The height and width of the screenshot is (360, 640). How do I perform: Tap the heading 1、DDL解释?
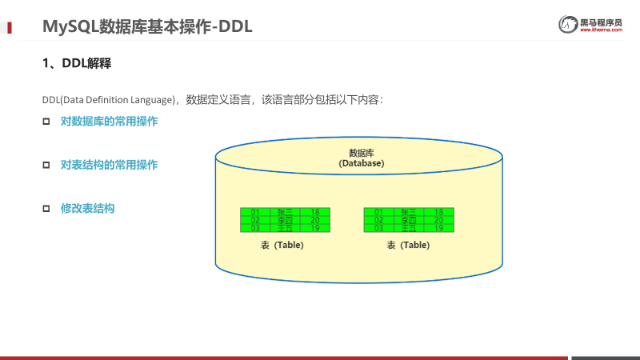click(76, 64)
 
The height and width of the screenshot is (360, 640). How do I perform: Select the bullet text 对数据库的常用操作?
click(109, 122)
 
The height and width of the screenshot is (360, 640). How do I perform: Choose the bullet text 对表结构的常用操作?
click(109, 165)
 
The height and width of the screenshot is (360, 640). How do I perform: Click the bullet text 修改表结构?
click(88, 208)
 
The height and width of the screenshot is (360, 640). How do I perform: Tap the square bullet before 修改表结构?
click(46, 208)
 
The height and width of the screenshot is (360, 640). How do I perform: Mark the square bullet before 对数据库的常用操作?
click(46, 122)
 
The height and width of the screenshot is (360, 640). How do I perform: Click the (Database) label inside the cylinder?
click(362, 163)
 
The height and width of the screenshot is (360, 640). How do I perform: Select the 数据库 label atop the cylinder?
click(362, 153)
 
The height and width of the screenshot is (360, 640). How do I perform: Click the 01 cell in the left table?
click(255, 212)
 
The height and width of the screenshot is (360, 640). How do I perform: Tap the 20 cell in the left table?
click(315, 220)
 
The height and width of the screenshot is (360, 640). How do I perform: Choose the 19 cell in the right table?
click(438, 228)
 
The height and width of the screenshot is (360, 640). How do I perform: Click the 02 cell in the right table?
click(378, 220)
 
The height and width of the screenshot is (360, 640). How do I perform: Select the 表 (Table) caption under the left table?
click(282, 246)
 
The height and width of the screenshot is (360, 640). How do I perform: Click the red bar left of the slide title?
click(10, 27)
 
